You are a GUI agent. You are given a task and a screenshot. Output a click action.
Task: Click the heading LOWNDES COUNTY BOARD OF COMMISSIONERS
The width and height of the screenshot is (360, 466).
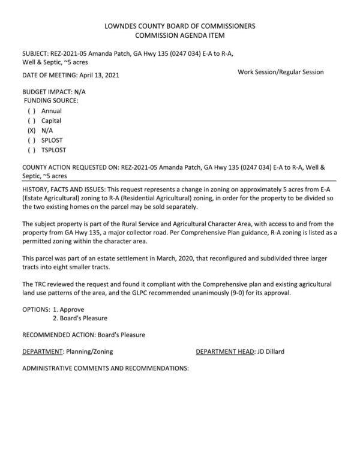(x=180, y=26)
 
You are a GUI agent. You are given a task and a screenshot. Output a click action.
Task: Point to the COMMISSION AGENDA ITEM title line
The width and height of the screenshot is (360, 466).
(x=180, y=36)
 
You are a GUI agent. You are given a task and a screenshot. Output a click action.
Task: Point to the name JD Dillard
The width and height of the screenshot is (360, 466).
(x=274, y=351)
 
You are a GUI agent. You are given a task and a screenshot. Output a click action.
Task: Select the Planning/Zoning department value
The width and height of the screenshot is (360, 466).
(x=90, y=351)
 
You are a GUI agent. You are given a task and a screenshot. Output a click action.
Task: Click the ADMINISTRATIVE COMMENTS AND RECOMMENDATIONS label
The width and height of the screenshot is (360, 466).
(x=105, y=368)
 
